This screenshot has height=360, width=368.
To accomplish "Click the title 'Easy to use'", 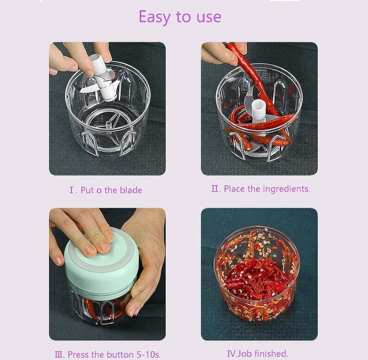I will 180,17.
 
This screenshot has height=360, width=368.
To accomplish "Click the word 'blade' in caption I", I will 130,190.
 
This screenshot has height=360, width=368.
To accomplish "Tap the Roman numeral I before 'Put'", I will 72,190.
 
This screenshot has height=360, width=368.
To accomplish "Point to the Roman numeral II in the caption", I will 215,189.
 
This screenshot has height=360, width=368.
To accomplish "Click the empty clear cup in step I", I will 107,118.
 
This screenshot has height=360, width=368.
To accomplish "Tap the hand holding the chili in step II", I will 219,53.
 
